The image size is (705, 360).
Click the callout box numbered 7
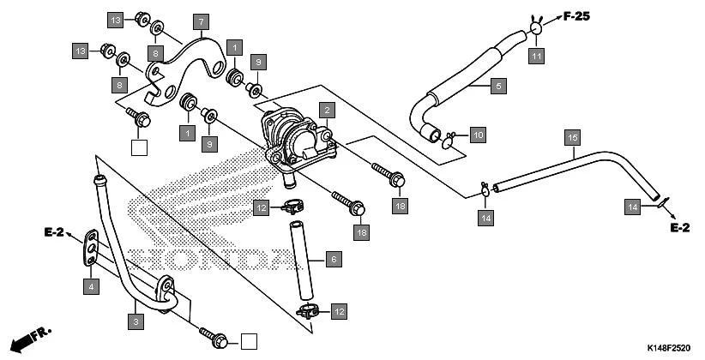(x=200, y=21)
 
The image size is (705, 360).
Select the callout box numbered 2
(x=326, y=110)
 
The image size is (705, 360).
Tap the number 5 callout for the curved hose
(x=498, y=85)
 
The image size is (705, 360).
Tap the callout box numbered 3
(x=135, y=321)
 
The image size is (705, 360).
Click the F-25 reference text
(x=579, y=15)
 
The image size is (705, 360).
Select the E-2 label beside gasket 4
(x=55, y=231)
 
